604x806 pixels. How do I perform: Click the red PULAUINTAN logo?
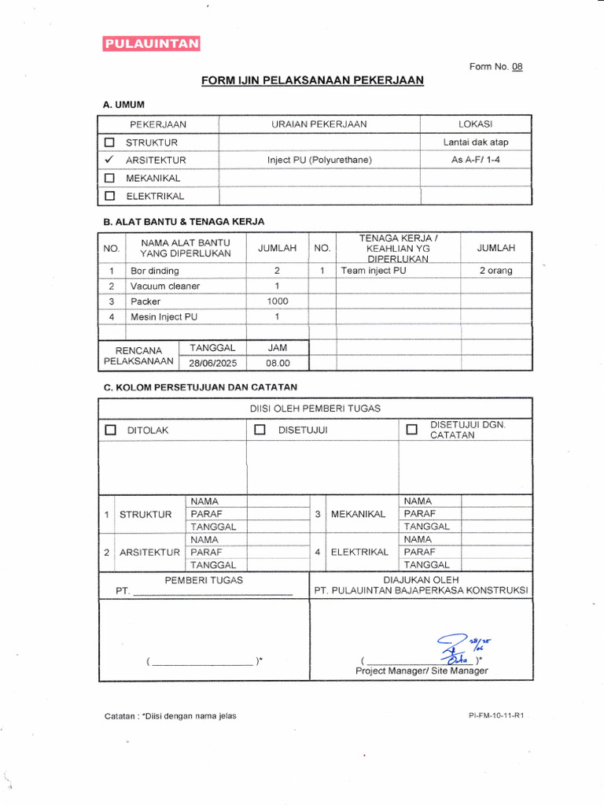click(151, 44)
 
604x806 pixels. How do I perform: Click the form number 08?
click(517, 67)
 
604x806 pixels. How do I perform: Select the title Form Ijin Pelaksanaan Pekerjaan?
click(312, 80)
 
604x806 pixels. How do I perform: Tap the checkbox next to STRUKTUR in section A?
click(110, 142)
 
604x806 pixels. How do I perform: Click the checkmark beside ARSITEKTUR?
click(109, 160)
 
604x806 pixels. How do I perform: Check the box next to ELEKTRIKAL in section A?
click(110, 196)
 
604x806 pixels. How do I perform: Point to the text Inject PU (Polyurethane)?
click(319, 161)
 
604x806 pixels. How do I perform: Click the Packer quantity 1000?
click(278, 301)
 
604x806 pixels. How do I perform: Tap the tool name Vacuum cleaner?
click(165, 286)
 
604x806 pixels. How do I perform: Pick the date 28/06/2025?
click(212, 364)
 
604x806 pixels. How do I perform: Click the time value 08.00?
click(278, 364)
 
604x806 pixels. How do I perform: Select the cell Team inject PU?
click(374, 271)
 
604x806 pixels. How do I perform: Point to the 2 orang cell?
click(495, 271)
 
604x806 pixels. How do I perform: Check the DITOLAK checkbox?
click(110, 430)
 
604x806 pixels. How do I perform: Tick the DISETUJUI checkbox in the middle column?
click(260, 430)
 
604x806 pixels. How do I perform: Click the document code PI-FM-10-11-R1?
click(495, 716)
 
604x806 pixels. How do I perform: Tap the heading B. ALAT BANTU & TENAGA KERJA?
click(184, 221)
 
